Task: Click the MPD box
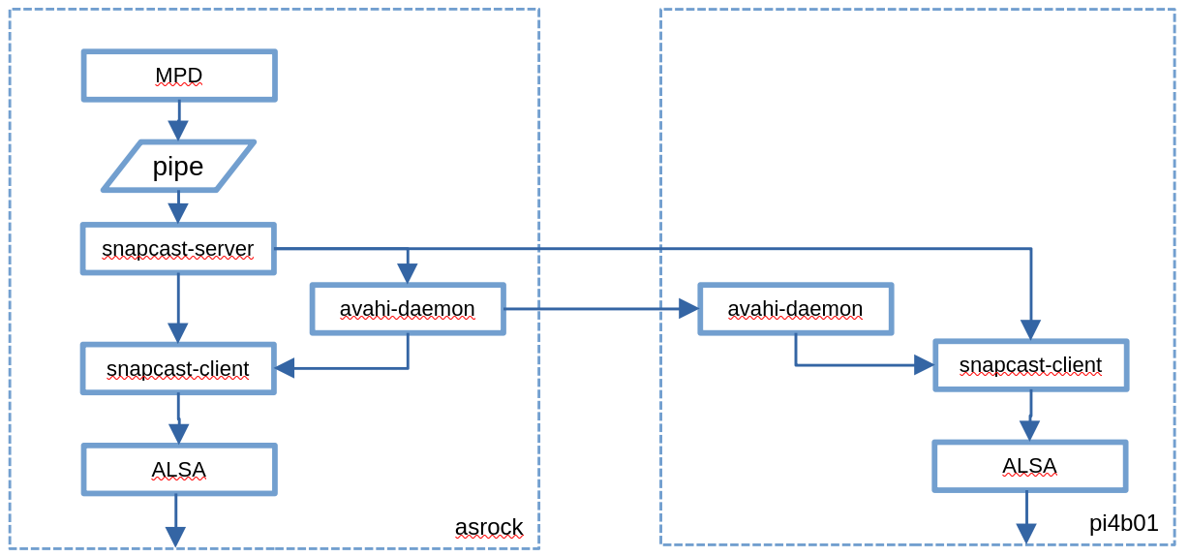point(179,76)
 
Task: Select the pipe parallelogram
point(178,166)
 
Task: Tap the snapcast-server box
point(178,249)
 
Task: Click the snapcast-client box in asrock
point(178,369)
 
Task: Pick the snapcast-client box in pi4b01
point(1030,365)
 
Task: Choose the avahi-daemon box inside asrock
point(408,309)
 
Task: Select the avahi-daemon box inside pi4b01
point(795,309)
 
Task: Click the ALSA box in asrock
point(179,470)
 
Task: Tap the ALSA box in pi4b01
point(1029,466)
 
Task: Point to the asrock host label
point(489,527)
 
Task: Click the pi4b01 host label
point(1123,523)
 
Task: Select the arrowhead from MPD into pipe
point(178,131)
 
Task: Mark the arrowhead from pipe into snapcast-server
point(178,213)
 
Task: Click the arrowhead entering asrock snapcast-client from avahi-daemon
point(285,368)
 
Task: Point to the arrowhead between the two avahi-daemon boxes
point(688,309)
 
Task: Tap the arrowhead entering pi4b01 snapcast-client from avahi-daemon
point(924,365)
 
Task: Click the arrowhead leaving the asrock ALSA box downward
point(175,537)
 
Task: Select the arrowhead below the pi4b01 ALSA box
point(1026,534)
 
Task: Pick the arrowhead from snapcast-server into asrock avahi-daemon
point(408,273)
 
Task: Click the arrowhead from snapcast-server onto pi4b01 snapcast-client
point(1030,329)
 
